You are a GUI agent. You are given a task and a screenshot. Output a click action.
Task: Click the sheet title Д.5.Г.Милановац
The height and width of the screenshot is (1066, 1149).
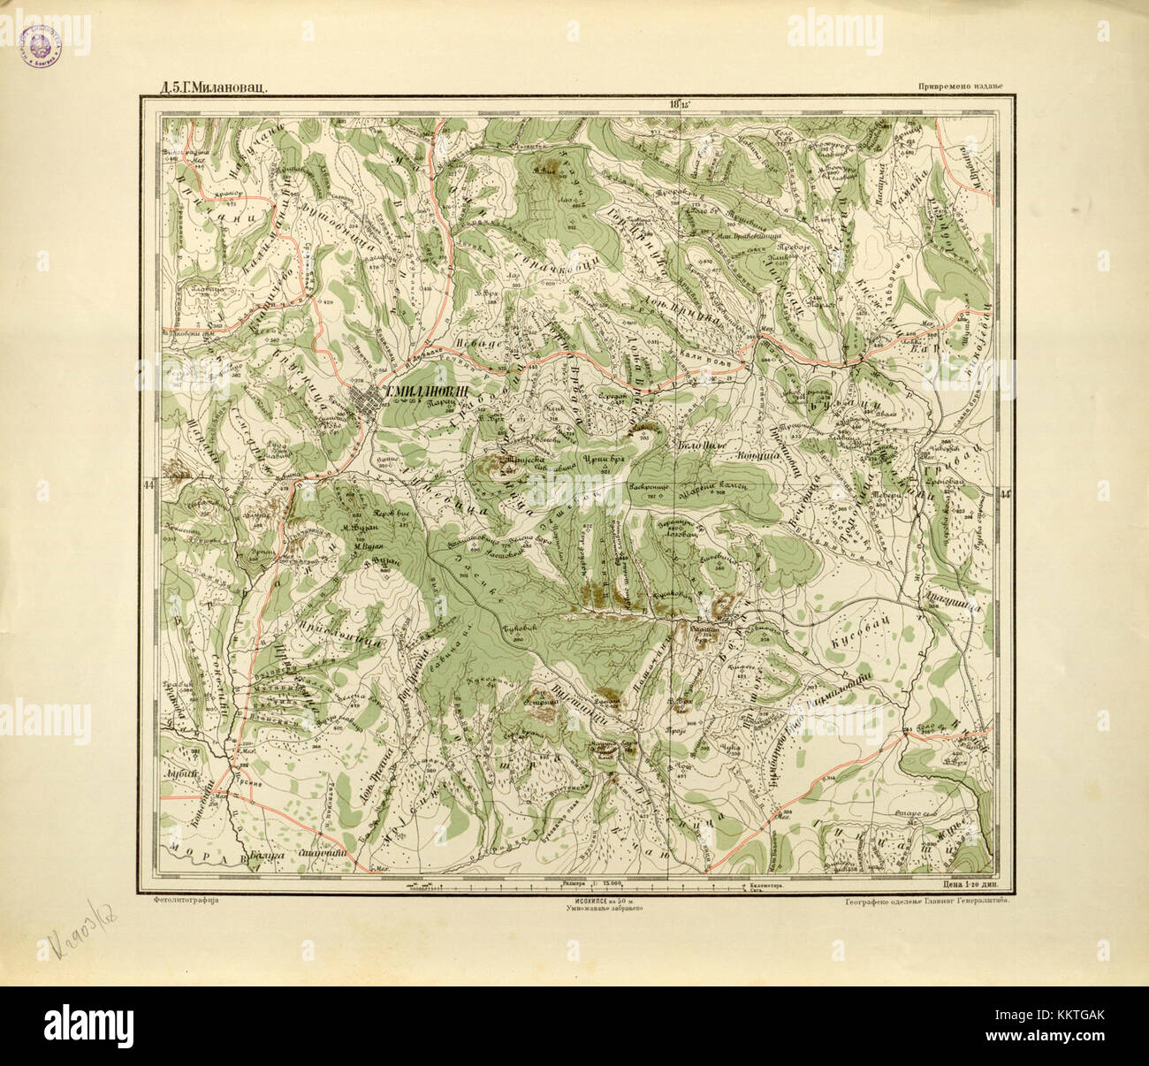208,88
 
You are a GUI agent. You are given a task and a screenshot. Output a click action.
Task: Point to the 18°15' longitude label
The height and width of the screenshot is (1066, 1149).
681,104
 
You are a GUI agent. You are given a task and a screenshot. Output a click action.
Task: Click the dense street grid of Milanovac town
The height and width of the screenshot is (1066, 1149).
363,407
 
